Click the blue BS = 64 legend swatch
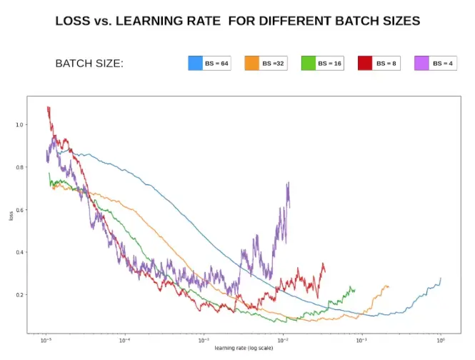tap(196, 63)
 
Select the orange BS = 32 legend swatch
tap(252, 63)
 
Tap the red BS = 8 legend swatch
tap(366, 63)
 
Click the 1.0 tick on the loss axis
tap(19, 125)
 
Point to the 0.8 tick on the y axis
tap(19, 167)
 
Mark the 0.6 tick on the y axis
tap(19, 210)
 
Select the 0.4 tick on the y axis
tap(19, 252)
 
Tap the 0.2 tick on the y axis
tap(19, 295)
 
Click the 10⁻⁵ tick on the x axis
tap(46, 341)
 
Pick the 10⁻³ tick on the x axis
tap(204, 341)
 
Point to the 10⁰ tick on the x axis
tap(441, 341)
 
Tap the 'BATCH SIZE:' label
tap(89, 64)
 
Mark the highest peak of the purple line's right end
tap(288, 183)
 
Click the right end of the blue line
tap(441, 279)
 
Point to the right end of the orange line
tap(389, 287)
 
